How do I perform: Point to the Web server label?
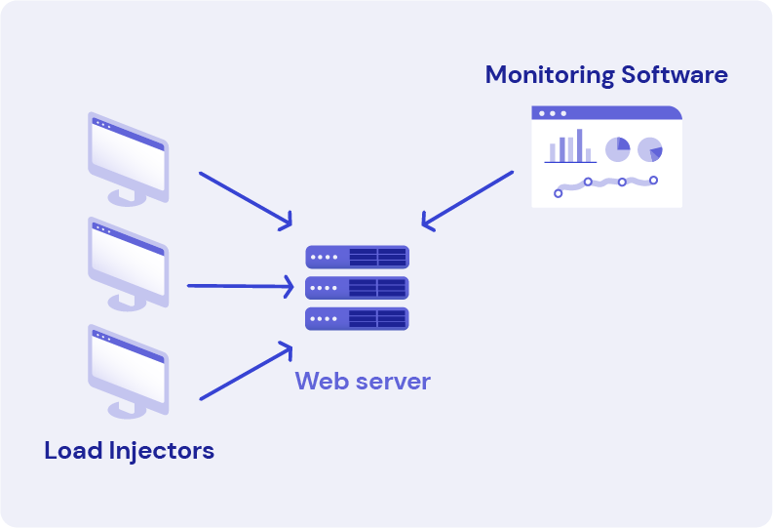[x=363, y=381]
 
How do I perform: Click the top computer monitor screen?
[x=128, y=153]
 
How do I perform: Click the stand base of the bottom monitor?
[x=128, y=410]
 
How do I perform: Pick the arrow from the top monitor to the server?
[x=246, y=201]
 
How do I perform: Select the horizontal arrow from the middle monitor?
[x=240, y=287]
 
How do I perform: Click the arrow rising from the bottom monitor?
[x=246, y=371]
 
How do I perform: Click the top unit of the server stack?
[x=357, y=257]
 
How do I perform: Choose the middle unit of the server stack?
[x=357, y=288]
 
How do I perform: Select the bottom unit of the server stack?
[x=357, y=318]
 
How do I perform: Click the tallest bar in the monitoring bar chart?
[x=579, y=145]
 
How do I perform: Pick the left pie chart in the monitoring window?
[x=617, y=149]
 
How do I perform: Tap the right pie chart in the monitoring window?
[x=650, y=150]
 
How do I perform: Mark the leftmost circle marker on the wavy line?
[x=558, y=193]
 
